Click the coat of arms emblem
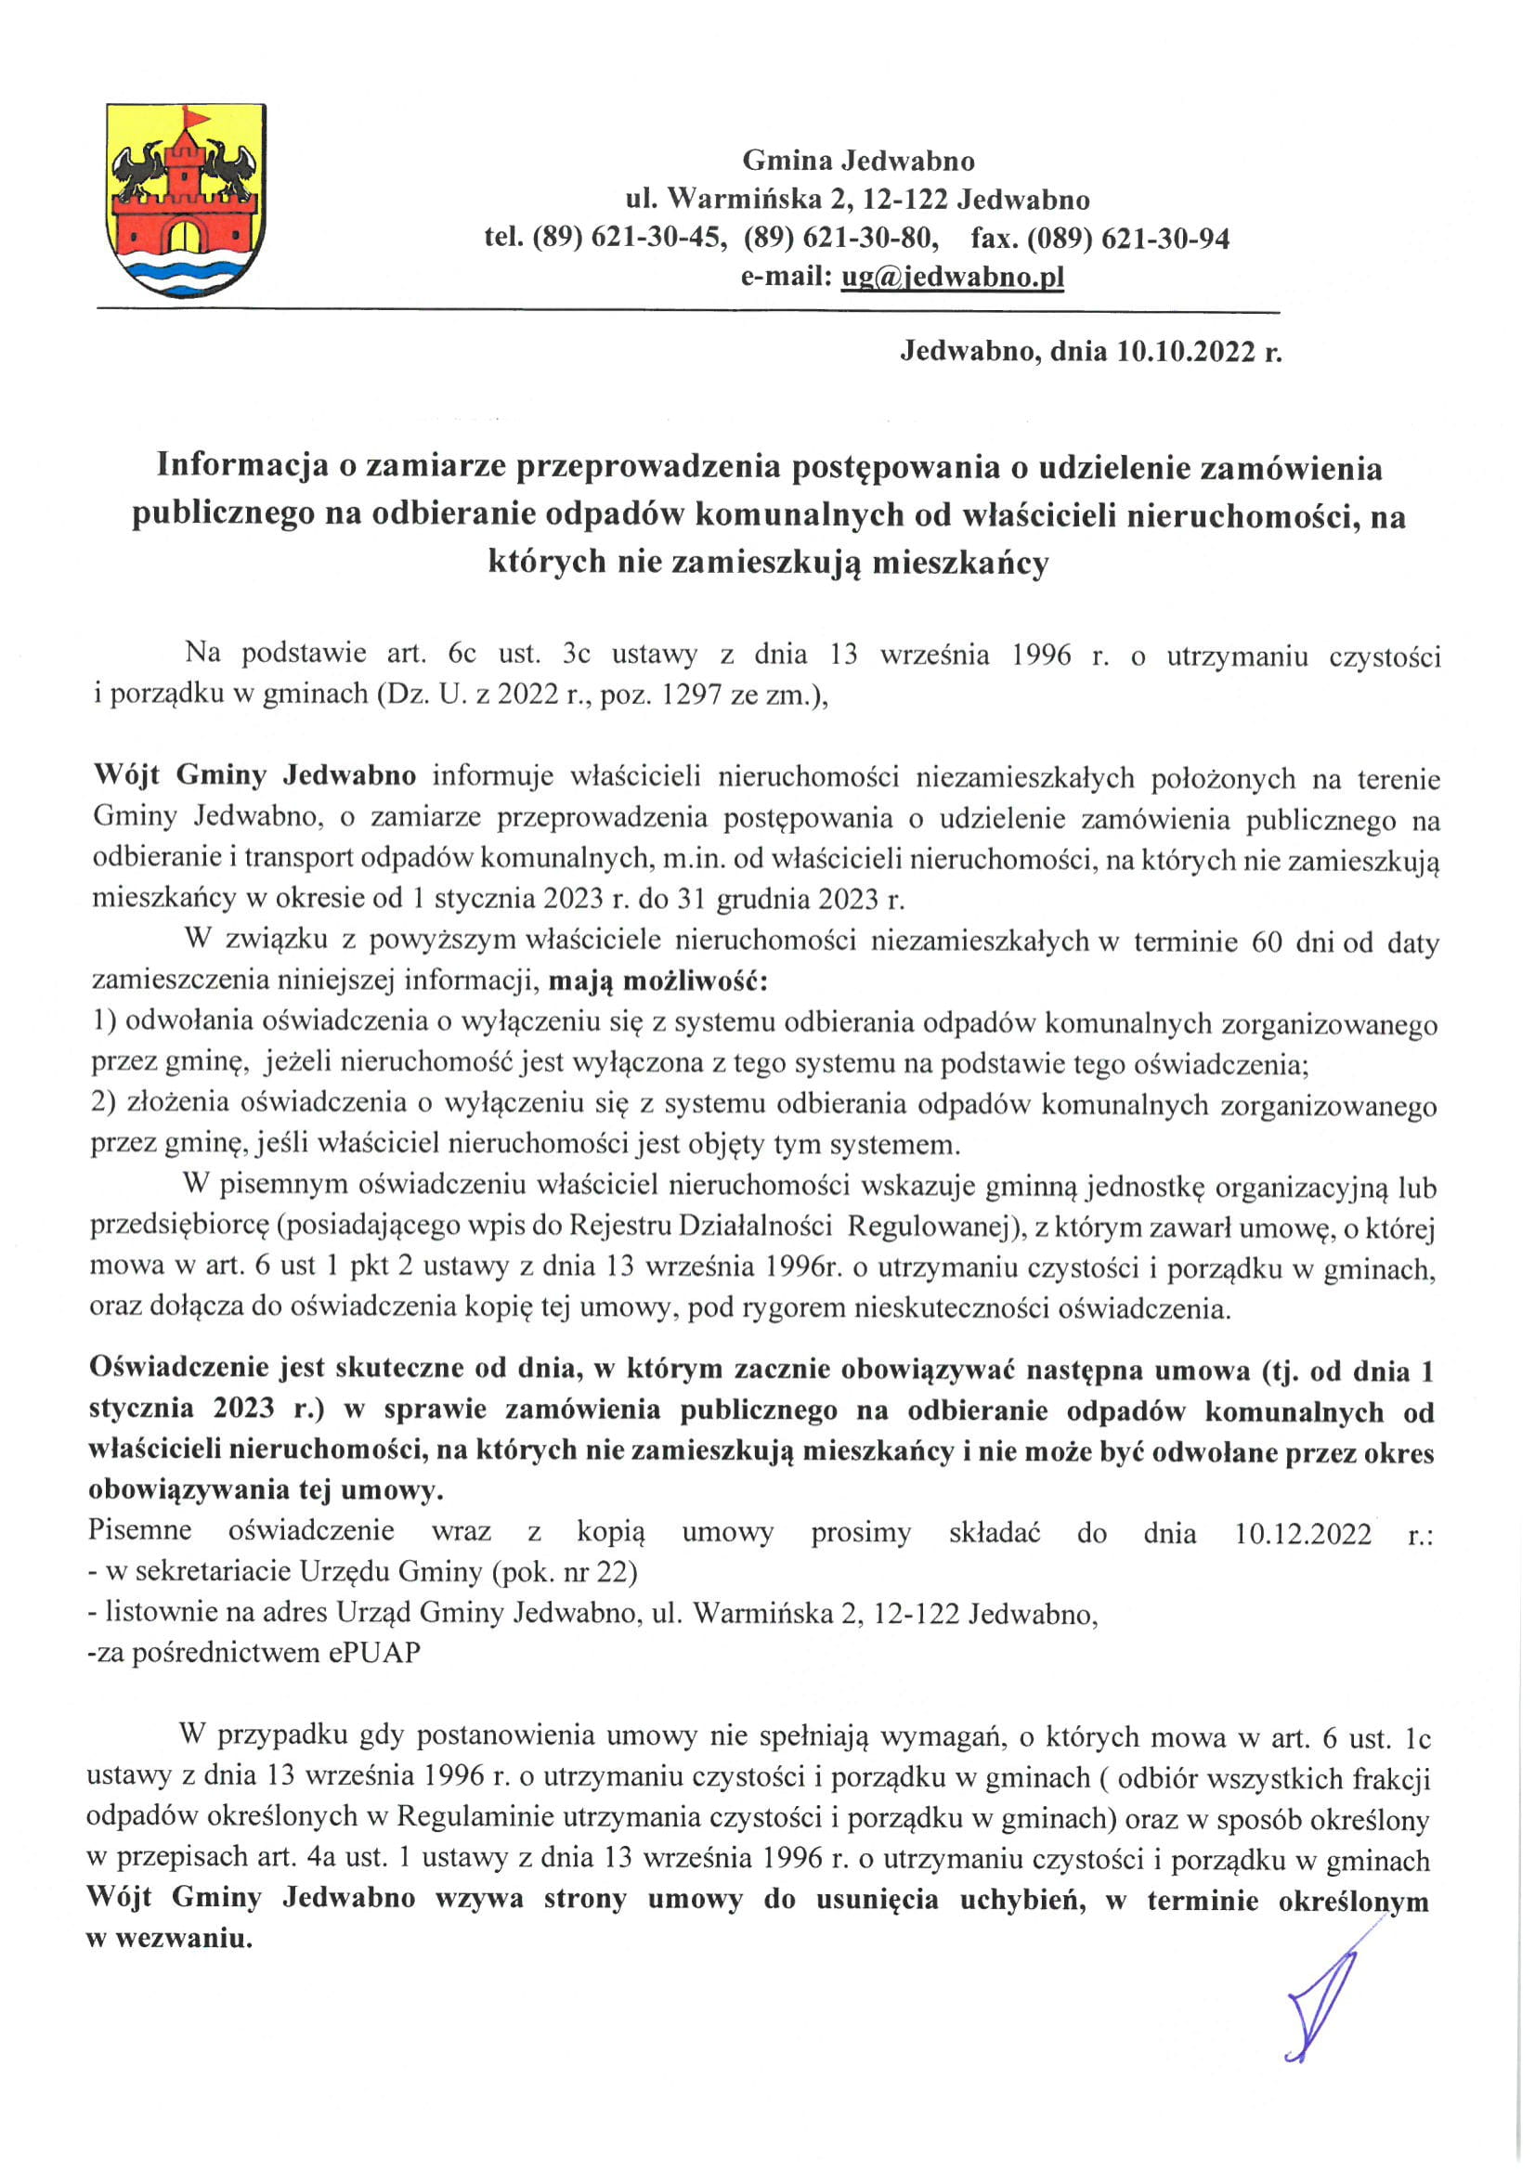click(186, 201)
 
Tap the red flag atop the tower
click(197, 117)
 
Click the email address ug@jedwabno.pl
click(952, 277)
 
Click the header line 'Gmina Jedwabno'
click(857, 161)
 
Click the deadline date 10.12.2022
click(1303, 1533)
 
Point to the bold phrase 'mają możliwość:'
click(658, 981)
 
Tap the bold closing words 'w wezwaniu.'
click(169, 1940)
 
